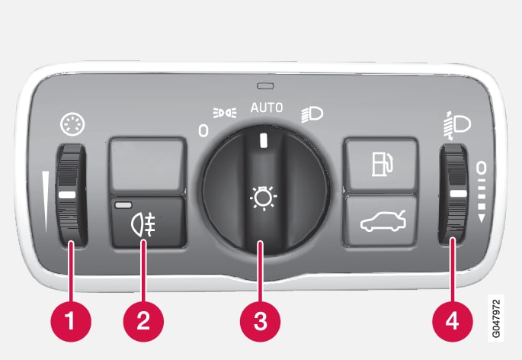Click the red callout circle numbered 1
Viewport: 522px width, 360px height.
pyautogui.click(x=71, y=321)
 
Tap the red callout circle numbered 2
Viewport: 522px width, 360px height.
pyautogui.click(x=143, y=321)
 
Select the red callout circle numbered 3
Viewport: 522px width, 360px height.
pyautogui.click(x=261, y=321)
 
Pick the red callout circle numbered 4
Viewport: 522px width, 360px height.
pyautogui.click(x=453, y=321)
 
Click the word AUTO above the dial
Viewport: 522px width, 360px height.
pyautogui.click(x=267, y=108)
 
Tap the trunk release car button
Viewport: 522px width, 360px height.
pyautogui.click(x=381, y=220)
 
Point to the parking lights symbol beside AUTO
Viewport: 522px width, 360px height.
pyautogui.click(x=225, y=113)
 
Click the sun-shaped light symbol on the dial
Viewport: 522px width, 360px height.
pyautogui.click(x=264, y=198)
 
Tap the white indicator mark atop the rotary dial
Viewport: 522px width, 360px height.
pyautogui.click(x=264, y=140)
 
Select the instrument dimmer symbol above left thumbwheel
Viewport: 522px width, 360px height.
pyautogui.click(x=72, y=124)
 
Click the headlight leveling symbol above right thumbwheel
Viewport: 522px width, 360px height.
pyautogui.click(x=456, y=125)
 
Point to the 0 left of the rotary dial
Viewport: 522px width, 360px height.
pyautogui.click(x=203, y=130)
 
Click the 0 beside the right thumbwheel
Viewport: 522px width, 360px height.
pyautogui.click(x=481, y=168)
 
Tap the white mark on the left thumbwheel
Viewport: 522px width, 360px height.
pyautogui.click(x=67, y=195)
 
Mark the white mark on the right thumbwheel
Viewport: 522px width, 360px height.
pyautogui.click(x=459, y=194)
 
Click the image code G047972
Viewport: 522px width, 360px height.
pyautogui.click(x=496, y=319)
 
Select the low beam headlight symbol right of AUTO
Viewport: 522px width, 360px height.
pyautogui.click(x=312, y=114)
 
